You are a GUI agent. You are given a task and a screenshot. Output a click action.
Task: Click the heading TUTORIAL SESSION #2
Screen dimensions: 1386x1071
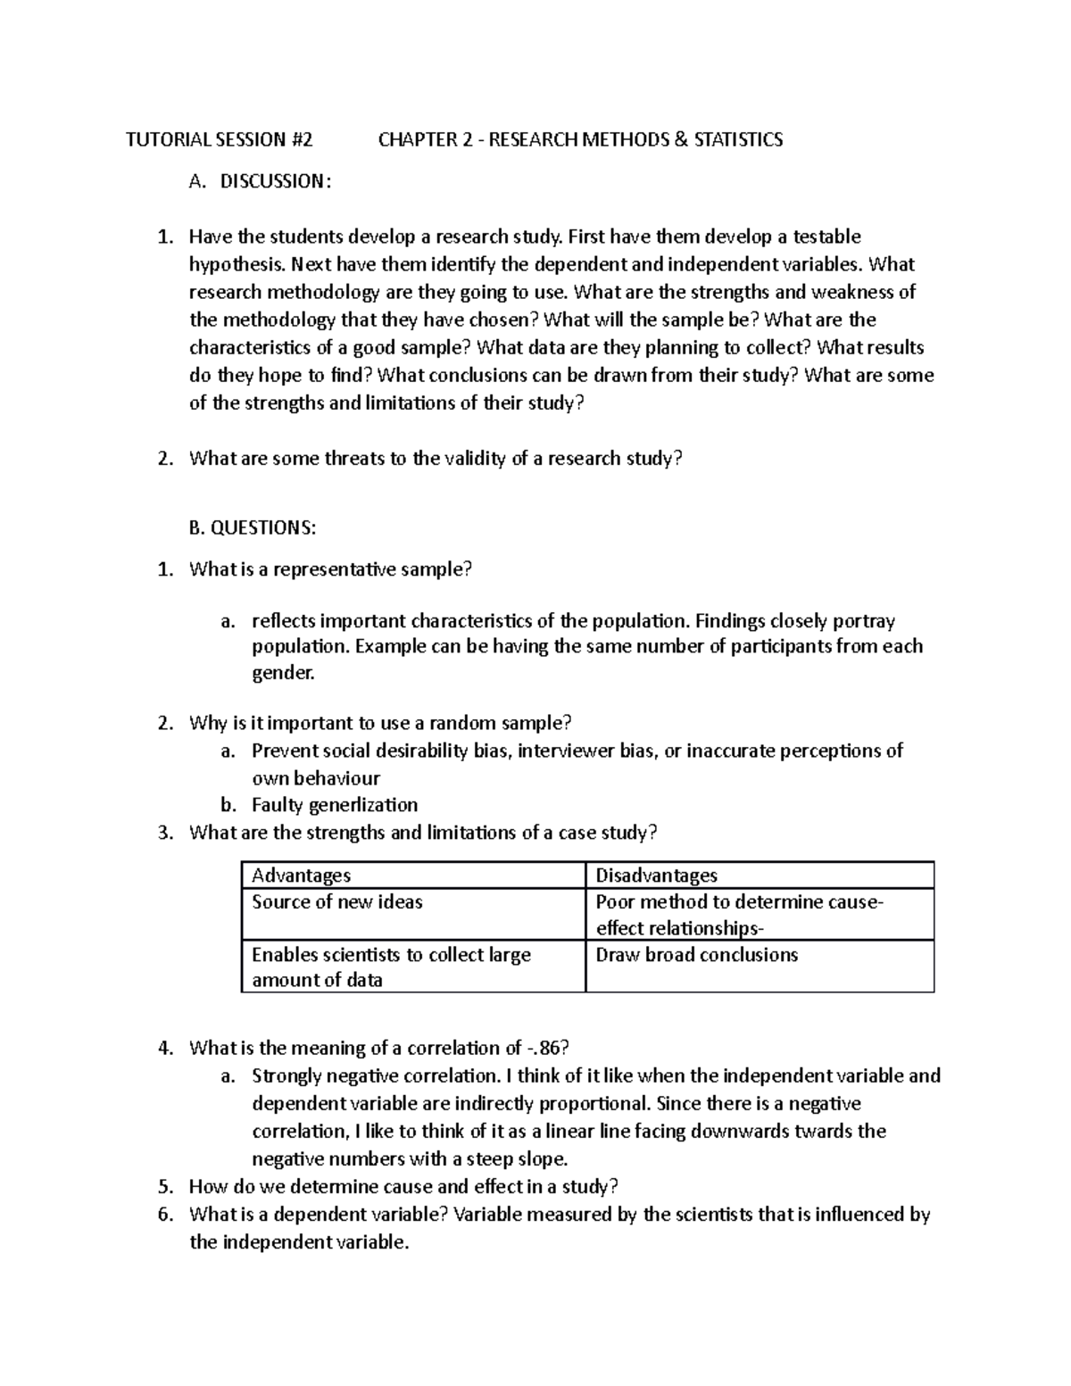[220, 139]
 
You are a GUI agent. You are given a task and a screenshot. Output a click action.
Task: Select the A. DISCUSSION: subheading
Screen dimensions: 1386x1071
[260, 181]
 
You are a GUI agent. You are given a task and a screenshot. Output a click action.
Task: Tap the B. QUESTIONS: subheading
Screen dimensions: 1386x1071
[253, 528]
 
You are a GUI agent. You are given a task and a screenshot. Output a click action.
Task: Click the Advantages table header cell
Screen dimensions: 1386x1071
[302, 876]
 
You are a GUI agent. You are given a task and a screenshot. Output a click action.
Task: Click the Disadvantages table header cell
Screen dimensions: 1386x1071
[656, 876]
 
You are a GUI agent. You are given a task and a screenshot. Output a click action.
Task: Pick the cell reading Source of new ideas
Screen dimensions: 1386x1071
[337, 902]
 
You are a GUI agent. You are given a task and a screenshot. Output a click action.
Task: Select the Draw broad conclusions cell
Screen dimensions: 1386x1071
[696, 955]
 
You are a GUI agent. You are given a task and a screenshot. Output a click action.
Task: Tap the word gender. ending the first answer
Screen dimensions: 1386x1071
[284, 673]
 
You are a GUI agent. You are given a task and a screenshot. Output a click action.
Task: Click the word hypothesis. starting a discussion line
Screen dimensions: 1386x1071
[238, 264]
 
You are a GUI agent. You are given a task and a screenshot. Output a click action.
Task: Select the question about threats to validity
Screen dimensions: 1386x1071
[436, 459]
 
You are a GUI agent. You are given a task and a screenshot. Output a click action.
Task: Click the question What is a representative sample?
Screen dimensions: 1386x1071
[329, 569]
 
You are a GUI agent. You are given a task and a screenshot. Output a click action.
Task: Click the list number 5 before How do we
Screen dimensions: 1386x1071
[164, 1187]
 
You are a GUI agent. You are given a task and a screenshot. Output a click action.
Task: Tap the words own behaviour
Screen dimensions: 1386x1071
[316, 778]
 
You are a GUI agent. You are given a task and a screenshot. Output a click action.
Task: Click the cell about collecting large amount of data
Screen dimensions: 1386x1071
[391, 967]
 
